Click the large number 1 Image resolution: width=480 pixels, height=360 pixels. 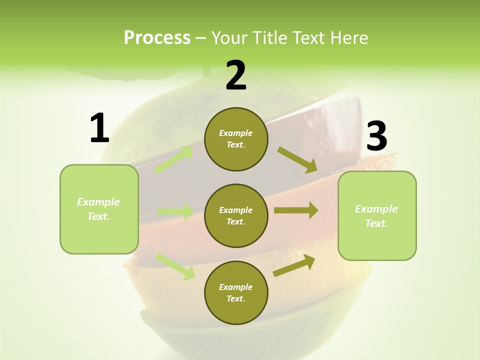click(99, 128)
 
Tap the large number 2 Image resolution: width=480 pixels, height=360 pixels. click(236, 75)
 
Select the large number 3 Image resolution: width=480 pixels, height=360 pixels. click(376, 136)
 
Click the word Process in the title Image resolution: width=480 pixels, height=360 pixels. click(157, 37)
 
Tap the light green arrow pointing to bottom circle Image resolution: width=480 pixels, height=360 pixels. click(175, 266)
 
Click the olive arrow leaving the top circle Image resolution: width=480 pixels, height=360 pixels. click(297, 159)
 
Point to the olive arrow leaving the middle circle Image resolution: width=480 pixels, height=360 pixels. click(296, 210)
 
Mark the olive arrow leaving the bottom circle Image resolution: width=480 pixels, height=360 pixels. click(294, 265)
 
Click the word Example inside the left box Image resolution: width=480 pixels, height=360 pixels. click(98, 202)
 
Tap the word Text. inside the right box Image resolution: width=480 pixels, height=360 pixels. click(376, 223)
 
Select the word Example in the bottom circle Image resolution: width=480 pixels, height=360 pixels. click(236, 287)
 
